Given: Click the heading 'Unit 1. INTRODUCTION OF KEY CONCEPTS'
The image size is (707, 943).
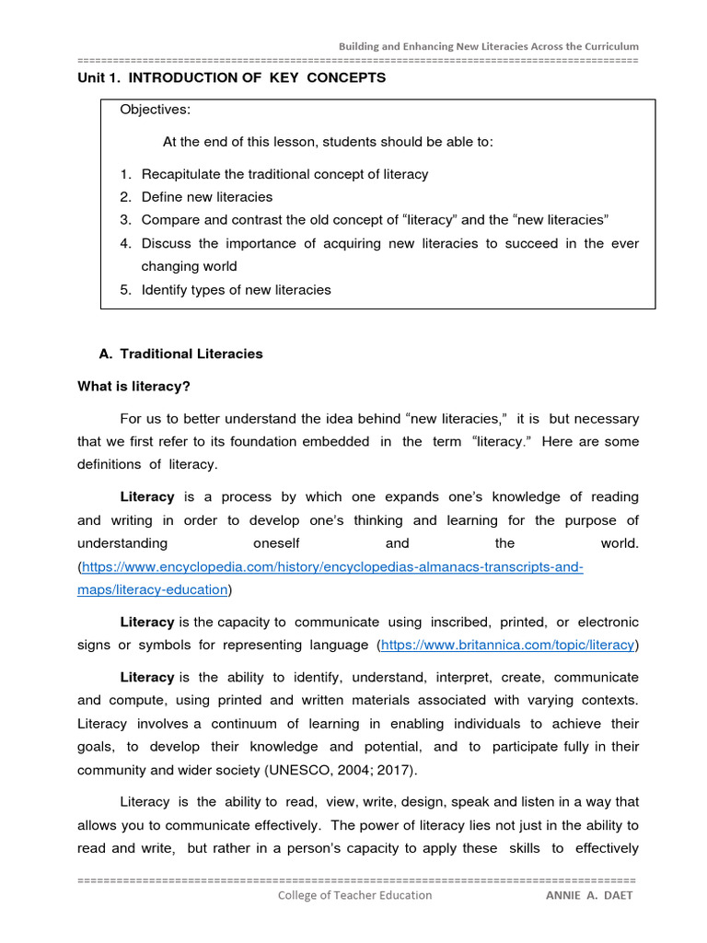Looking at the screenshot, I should tap(232, 77).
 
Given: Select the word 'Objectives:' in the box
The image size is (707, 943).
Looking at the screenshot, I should tap(156, 110).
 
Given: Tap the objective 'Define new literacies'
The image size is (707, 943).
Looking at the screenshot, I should tap(207, 196).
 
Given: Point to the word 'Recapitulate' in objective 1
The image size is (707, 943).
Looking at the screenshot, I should tap(181, 173).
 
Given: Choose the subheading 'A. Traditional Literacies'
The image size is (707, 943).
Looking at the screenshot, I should tap(180, 354).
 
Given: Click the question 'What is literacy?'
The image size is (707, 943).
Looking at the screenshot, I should tap(140, 386).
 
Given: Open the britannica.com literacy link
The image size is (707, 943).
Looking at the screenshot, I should tap(507, 645).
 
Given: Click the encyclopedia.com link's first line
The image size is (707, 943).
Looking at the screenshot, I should tap(333, 566).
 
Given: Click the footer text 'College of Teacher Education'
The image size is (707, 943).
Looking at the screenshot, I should tap(354, 894).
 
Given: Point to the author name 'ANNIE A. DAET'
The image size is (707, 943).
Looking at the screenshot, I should tap(589, 895).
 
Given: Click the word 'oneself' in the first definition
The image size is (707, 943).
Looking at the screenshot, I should tap(276, 543).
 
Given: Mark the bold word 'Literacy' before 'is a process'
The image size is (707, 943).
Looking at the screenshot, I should tap(147, 496).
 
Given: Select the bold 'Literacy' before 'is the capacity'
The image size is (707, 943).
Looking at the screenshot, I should tap(147, 623).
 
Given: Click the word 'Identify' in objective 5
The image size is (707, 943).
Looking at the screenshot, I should tap(166, 289).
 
